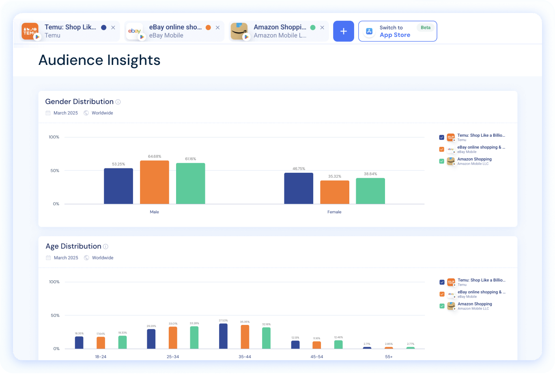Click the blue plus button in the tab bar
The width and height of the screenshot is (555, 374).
pos(344,31)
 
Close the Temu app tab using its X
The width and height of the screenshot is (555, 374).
pos(113,28)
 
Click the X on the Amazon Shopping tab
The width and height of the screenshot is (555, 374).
pos(322,28)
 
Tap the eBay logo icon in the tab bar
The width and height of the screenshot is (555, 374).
pos(135,31)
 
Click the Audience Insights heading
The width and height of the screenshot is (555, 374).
pos(99,60)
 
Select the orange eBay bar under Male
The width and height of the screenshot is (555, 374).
pos(154,183)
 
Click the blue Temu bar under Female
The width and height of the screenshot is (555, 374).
pos(299,189)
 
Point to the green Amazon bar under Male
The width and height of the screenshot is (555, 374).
pos(190,184)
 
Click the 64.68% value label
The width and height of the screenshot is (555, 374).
pos(154,157)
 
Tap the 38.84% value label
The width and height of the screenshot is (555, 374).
pos(370,174)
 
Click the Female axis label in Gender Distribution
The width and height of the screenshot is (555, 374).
pos(334,212)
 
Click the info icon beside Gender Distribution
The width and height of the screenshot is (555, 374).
pos(118,102)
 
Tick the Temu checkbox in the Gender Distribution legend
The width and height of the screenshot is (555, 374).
pos(441,137)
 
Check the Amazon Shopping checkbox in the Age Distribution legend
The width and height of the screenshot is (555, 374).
pos(442,306)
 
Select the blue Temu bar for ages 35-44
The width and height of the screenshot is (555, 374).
pos(223,336)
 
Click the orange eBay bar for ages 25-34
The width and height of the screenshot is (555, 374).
pos(173,338)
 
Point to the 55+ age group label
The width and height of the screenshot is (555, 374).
pos(389,357)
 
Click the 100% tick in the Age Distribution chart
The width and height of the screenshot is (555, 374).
pos(54,282)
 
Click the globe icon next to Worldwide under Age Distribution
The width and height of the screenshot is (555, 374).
pos(86,258)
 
